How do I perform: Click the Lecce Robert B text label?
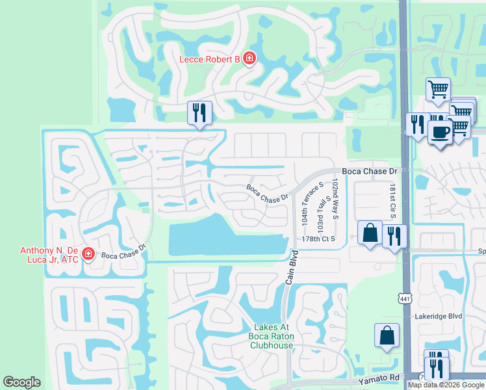click(210, 60)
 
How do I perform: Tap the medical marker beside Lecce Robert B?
click(249, 59)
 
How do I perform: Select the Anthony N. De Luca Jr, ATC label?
click(49, 255)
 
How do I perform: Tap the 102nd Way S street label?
click(335, 199)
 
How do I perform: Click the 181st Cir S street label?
click(392, 200)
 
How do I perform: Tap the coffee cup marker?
click(440, 133)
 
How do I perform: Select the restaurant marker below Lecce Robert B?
click(199, 113)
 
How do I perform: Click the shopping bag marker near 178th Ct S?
click(370, 233)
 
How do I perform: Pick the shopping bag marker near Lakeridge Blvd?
click(387, 336)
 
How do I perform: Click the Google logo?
click(22, 382)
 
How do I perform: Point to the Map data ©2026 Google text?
click(446, 385)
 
